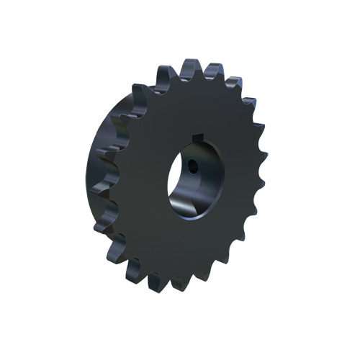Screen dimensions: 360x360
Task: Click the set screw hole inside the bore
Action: pyautogui.click(x=194, y=167)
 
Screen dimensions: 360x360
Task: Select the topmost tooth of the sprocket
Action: pyautogui.click(x=189, y=68)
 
